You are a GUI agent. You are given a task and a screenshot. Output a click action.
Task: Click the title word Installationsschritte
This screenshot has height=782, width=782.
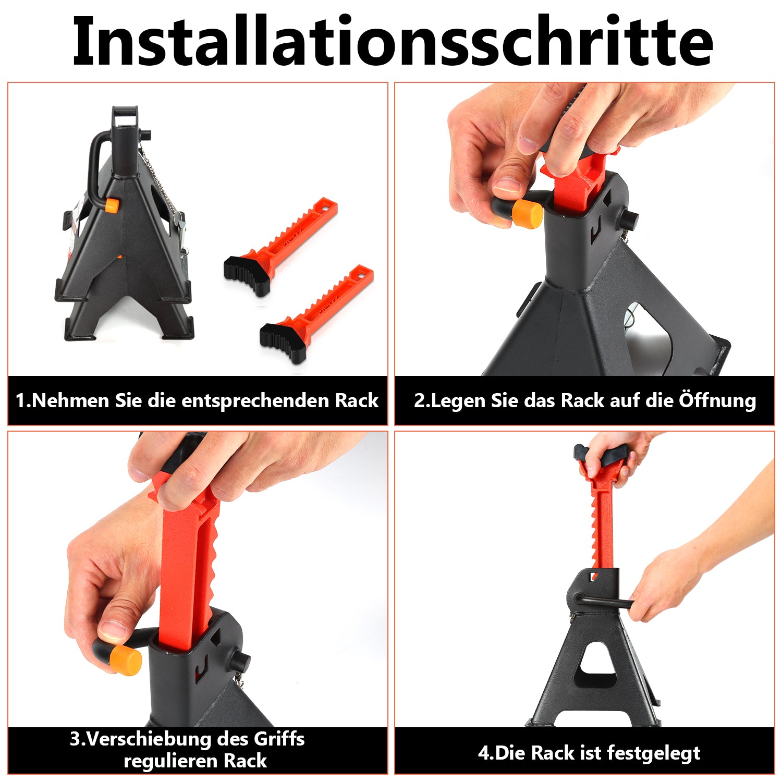[392, 42]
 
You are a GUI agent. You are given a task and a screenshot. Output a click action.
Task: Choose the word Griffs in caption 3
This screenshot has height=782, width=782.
[279, 739]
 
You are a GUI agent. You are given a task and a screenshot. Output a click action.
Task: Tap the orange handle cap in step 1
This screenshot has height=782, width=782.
[111, 204]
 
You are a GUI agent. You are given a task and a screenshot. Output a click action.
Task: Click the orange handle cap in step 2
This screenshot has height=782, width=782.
[527, 213]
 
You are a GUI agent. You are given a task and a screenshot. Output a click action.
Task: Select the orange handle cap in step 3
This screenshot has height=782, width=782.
[126, 661]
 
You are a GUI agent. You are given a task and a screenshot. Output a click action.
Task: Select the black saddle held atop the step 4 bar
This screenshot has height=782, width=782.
[600, 457]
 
